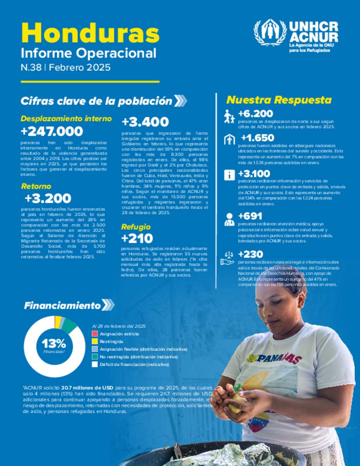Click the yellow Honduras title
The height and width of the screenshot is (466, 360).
tap(90, 33)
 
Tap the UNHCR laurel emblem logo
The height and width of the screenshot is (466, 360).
tap(270, 33)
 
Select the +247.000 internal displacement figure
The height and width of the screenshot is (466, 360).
tap(52, 132)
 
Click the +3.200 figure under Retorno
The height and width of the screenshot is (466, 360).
tap(48, 198)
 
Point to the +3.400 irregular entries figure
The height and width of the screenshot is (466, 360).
tap(145, 122)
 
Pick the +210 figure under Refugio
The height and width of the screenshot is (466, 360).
tap(137, 238)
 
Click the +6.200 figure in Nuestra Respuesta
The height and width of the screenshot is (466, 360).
tap(255, 114)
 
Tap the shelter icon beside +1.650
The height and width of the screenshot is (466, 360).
tap(229, 140)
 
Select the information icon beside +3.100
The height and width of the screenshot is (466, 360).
tap(229, 175)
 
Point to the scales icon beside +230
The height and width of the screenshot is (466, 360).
tap(227, 257)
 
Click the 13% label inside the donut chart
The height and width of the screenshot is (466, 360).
tap(54, 343)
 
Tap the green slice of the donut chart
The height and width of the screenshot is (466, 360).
tap(70, 325)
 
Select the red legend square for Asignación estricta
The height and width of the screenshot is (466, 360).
tap(95, 334)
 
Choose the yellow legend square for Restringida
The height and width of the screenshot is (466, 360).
tap(95, 341)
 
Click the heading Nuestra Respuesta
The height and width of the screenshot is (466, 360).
tap(279, 100)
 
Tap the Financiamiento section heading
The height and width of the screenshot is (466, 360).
tap(62, 306)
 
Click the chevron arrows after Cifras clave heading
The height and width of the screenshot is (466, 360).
tap(180, 101)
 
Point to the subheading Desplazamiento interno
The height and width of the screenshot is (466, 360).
tap(66, 119)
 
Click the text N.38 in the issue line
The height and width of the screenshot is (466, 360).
tap(31, 68)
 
